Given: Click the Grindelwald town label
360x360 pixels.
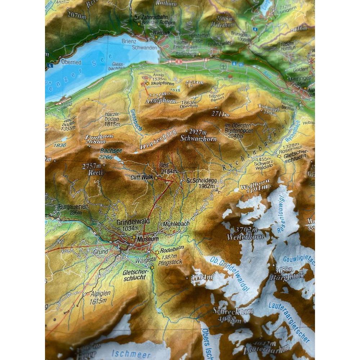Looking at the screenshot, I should tap(133, 222).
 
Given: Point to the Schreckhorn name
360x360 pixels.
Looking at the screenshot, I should tap(233, 311).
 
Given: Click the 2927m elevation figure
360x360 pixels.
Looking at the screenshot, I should tap(198, 132).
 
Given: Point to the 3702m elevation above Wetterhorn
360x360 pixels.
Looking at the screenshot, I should tap(247, 230).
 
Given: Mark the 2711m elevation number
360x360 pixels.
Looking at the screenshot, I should tap(220, 114).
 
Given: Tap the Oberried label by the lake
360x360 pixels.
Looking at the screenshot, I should tap(71, 62).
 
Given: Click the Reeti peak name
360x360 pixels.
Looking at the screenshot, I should tap(93, 172).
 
